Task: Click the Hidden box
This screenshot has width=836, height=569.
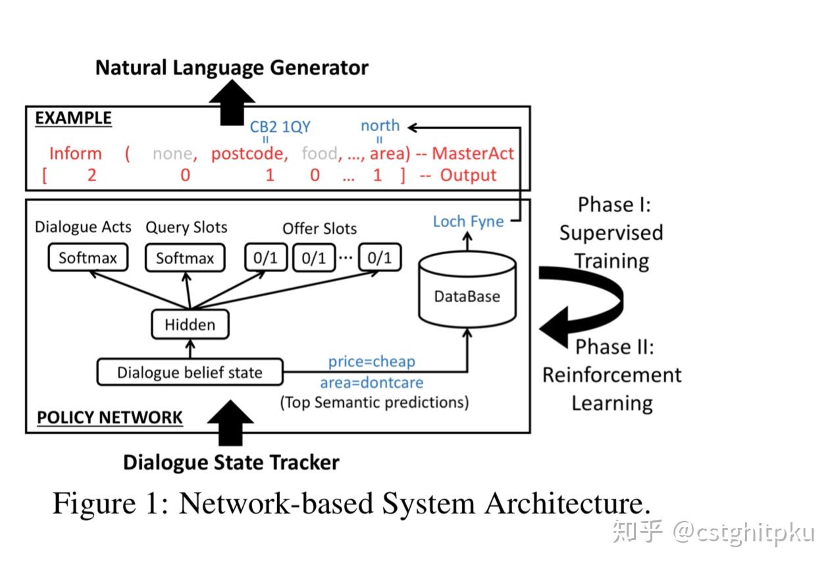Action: coord(190,325)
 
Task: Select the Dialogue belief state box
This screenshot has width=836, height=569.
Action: coord(190,373)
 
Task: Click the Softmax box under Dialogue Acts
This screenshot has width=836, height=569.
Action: coord(88,258)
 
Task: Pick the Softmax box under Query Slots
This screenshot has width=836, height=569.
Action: coord(185,258)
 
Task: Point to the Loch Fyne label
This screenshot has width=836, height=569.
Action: coord(468,221)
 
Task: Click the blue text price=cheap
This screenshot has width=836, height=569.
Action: coord(372,362)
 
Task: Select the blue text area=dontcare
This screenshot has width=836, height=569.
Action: coord(372,382)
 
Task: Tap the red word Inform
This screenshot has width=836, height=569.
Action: coord(76,154)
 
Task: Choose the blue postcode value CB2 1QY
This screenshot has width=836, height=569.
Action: coord(280,127)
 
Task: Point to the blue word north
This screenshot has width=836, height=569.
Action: coord(380,125)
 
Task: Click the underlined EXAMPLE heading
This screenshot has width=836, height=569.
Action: coord(73,119)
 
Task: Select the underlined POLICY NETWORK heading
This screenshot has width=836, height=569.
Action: coord(110,418)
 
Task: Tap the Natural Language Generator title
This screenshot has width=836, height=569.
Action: coord(232,68)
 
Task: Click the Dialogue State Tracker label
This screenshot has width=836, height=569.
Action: coord(231,462)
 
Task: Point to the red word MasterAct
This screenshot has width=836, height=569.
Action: coord(473,154)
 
